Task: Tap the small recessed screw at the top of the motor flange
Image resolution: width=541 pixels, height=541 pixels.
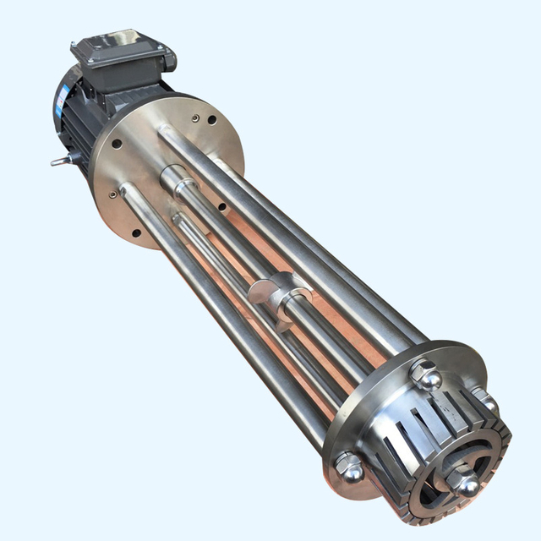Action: [197, 119]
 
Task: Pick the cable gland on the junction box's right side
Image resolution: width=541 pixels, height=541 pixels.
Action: [169, 58]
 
